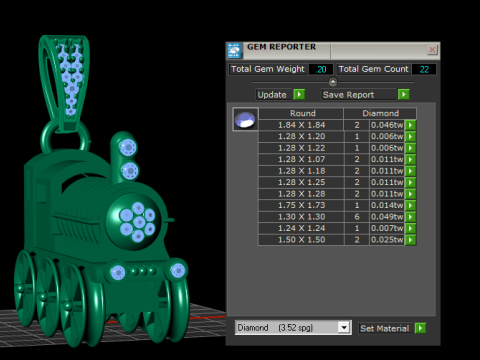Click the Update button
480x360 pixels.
coord(272,94)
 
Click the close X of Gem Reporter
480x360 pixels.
coord(432,49)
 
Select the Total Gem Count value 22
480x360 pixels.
coord(423,69)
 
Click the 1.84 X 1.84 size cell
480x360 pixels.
coord(301,125)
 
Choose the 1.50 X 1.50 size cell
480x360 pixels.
coord(301,240)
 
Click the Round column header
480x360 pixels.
coord(301,114)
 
